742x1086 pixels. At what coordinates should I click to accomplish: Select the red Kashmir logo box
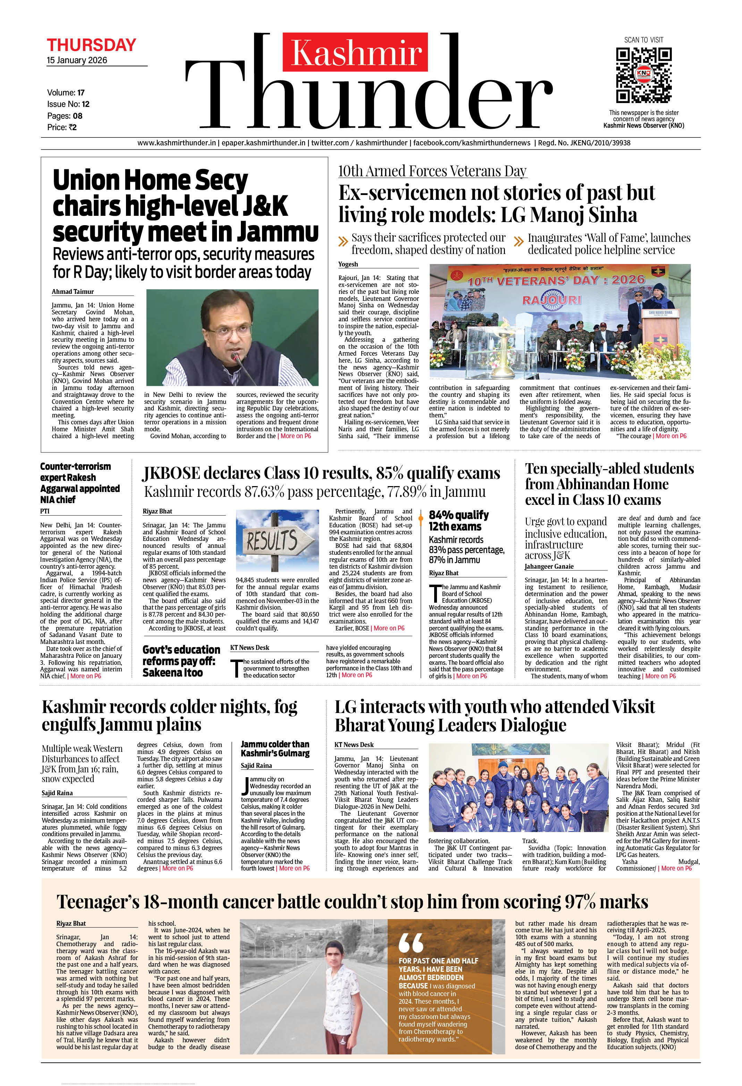pyautogui.click(x=355, y=52)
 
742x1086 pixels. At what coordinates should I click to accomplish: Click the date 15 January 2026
pyautogui.click(x=77, y=60)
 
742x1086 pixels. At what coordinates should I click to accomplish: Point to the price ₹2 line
pyautogui.click(x=62, y=127)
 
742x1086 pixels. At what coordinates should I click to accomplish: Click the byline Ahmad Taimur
pyautogui.click(x=73, y=291)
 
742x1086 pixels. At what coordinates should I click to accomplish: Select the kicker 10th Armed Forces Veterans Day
pyautogui.click(x=432, y=171)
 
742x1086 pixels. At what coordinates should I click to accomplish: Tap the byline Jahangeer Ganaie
pyautogui.click(x=549, y=566)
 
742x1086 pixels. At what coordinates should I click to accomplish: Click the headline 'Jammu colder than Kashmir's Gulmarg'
pyautogui.click(x=275, y=749)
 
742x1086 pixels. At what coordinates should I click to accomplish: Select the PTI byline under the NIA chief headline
pyautogui.click(x=45, y=511)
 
